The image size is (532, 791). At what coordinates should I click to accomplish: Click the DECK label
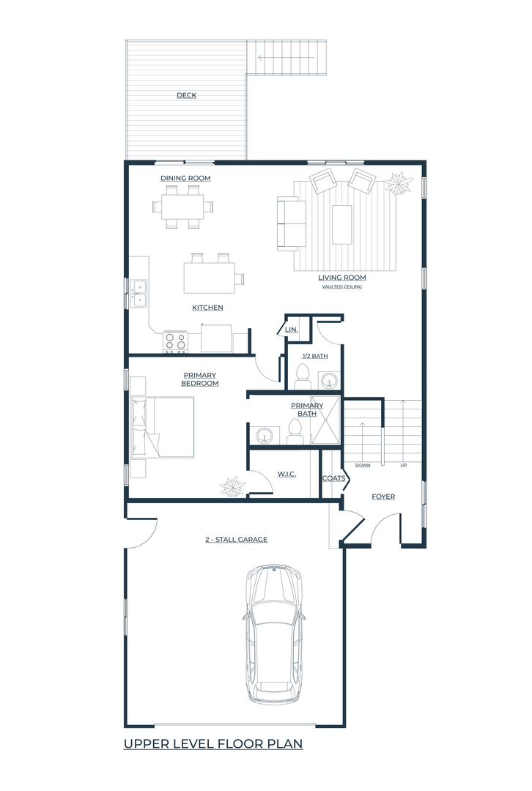(x=186, y=95)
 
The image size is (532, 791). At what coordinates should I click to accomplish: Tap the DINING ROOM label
(x=185, y=178)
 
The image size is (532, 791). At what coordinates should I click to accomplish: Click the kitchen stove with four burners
(x=175, y=341)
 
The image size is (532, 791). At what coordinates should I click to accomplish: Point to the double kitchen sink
(x=138, y=294)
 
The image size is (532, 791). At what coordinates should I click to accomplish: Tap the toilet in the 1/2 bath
(x=303, y=376)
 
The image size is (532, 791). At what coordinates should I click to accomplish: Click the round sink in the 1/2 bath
(x=330, y=379)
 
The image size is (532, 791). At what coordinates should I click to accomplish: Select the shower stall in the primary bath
(x=325, y=420)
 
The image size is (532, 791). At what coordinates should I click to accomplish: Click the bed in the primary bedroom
(x=162, y=427)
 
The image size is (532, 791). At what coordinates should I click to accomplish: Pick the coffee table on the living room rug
(x=341, y=225)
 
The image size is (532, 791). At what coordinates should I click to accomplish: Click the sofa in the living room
(x=291, y=223)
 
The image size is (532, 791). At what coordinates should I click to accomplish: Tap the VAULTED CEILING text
(x=341, y=286)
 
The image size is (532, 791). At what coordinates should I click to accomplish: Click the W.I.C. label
(x=287, y=474)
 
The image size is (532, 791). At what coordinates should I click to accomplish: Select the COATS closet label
(x=333, y=478)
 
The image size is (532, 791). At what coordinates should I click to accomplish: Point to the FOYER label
(x=383, y=497)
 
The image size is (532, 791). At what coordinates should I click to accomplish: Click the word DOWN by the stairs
(x=363, y=465)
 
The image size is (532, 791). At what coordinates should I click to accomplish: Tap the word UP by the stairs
(x=403, y=465)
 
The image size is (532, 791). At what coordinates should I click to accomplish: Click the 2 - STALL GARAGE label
(x=236, y=540)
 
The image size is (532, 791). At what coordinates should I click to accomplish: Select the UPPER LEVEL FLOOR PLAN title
(x=213, y=743)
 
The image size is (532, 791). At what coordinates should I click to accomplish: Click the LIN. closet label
(x=291, y=330)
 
